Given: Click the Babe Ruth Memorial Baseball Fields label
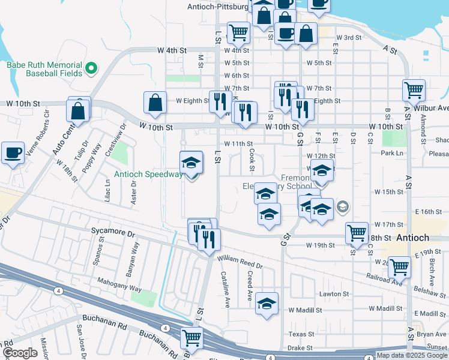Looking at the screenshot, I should (44, 68).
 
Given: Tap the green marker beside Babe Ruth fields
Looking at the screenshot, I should (92, 68).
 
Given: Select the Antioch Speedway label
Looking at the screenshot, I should (149, 175).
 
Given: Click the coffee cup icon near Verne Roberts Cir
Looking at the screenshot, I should (12, 153).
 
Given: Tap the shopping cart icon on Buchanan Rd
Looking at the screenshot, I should (191, 339).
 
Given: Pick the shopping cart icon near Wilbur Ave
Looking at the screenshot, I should (414, 91).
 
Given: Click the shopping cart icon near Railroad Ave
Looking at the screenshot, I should (399, 267).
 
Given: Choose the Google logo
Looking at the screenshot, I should (20, 353).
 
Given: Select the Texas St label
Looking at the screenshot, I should (301, 334).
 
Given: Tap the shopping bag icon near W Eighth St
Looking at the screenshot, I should (155, 102).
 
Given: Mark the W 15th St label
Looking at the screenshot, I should (388, 192).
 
